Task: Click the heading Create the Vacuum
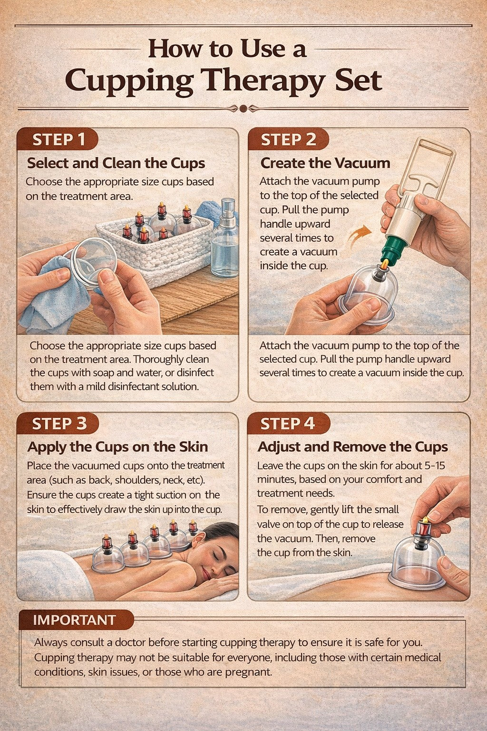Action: pyautogui.click(x=325, y=163)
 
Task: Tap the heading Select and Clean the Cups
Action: pyautogui.click(x=116, y=163)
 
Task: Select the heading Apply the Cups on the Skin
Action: pyautogui.click(x=117, y=447)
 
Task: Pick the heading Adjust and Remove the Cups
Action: pyautogui.click(x=352, y=447)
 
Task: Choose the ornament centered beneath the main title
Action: pyautogui.click(x=243, y=109)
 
